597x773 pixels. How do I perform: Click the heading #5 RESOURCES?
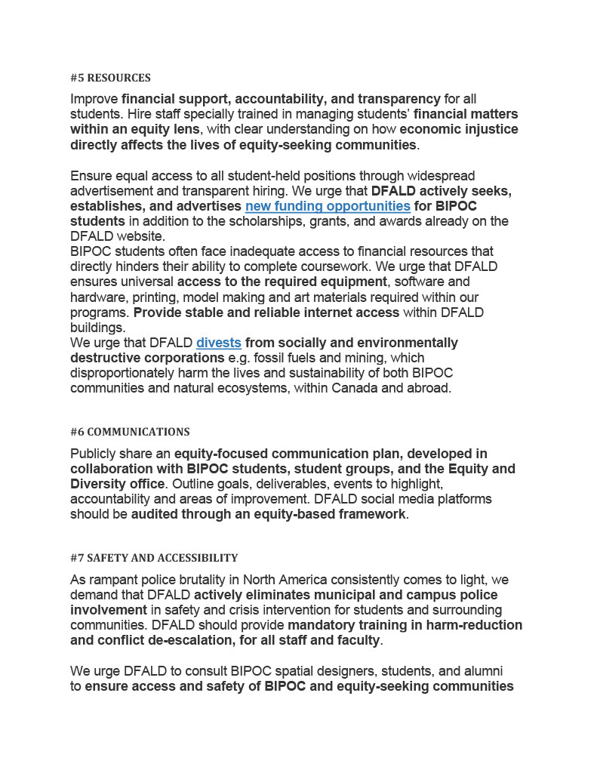[110, 78]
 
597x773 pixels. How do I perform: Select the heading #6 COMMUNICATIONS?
[130, 432]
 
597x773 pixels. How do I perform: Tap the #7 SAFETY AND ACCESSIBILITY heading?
[154, 558]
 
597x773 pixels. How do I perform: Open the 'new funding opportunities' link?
[328, 206]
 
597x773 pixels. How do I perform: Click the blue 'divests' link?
[219, 343]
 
